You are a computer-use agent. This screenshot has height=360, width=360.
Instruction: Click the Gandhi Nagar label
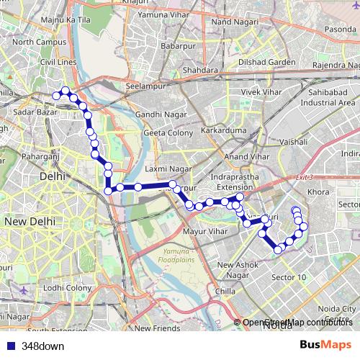(x=158, y=114)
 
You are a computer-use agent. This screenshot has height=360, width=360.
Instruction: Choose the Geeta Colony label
(x=165, y=133)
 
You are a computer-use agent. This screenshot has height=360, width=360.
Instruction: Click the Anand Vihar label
(x=246, y=156)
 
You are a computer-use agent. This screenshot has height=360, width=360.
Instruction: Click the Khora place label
(x=318, y=192)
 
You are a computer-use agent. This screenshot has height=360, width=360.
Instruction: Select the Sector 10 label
(x=289, y=277)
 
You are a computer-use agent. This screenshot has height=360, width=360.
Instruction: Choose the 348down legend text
(x=42, y=346)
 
